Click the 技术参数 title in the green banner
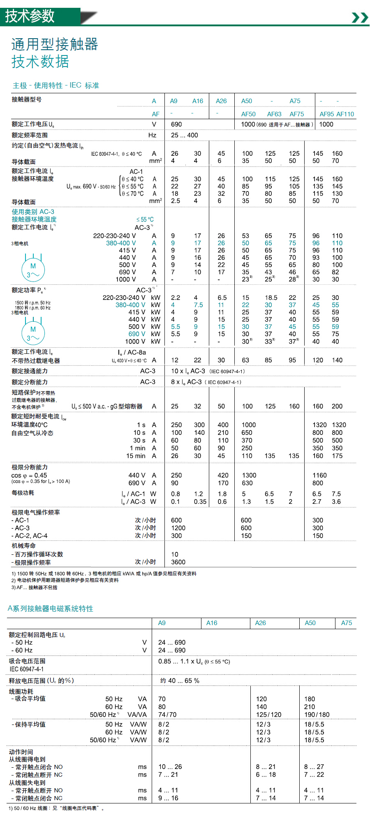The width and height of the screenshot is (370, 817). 30,16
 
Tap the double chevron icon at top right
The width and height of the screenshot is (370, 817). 360,17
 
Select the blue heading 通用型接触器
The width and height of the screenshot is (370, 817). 55,44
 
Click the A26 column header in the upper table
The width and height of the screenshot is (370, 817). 221,101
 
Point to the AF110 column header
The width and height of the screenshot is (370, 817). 345,114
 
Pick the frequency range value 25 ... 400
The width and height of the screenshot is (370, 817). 184,135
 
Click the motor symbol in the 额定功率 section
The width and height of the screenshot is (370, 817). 33,332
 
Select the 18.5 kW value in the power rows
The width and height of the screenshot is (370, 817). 271,298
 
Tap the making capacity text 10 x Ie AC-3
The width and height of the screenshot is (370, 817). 188,371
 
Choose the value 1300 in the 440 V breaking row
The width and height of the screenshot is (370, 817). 249,475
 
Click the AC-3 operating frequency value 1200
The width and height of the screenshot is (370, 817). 178,528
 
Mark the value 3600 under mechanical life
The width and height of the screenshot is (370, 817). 178,562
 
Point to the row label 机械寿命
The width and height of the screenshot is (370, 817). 24,546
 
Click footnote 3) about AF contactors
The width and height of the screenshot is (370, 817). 35,588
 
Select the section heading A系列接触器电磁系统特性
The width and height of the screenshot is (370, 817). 51,609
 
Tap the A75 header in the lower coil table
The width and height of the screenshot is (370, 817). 346,623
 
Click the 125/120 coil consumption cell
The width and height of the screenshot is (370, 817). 268,715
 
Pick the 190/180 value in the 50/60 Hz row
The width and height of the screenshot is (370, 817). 317,715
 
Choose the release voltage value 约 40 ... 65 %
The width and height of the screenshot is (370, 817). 180,681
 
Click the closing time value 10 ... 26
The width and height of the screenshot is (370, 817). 170,767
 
